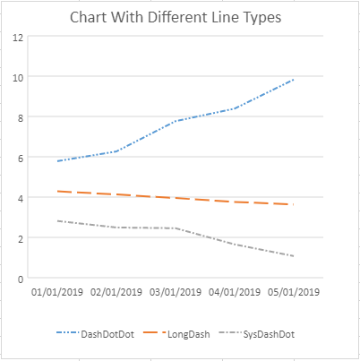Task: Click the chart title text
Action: pos(176,17)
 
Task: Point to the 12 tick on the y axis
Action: pos(18,38)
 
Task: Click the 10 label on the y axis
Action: pos(18,78)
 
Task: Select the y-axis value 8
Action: pos(21,118)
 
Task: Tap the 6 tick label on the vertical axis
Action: pos(21,159)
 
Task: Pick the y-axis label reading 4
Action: pos(21,199)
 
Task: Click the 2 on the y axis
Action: pos(21,239)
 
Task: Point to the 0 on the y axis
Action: pos(21,279)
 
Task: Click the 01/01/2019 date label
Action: pos(57,292)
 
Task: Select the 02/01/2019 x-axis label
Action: pos(116,292)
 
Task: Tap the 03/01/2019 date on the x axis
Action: pos(176,292)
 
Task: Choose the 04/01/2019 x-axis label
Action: pos(235,292)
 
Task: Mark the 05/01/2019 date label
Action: pos(294,292)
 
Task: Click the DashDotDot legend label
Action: pos(107,334)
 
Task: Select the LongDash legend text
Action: pos(189,334)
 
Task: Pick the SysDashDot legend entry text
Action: pos(269,334)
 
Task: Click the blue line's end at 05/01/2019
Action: pos(294,80)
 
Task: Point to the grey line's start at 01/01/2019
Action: pos(57,221)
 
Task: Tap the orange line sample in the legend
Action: pos(154,332)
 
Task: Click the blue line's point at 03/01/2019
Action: pos(176,121)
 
